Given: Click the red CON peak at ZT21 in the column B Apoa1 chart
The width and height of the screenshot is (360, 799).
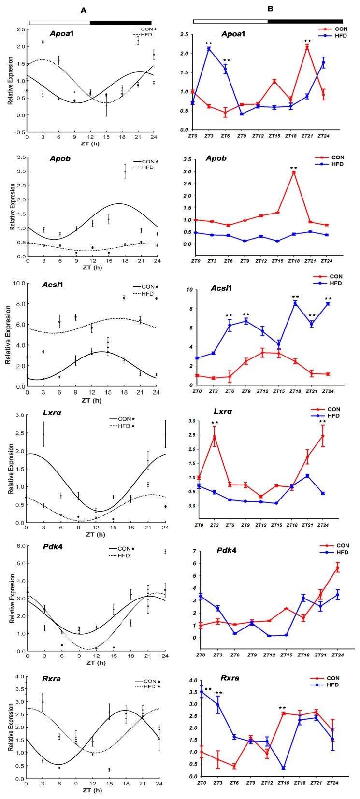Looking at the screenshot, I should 307,47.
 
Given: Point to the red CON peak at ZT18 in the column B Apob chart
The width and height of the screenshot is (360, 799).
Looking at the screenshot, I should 293,172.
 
